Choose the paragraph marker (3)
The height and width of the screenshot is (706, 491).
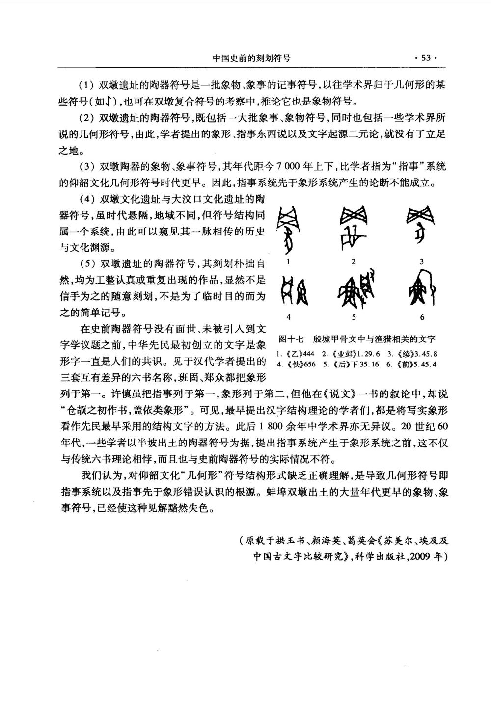click(87, 167)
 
